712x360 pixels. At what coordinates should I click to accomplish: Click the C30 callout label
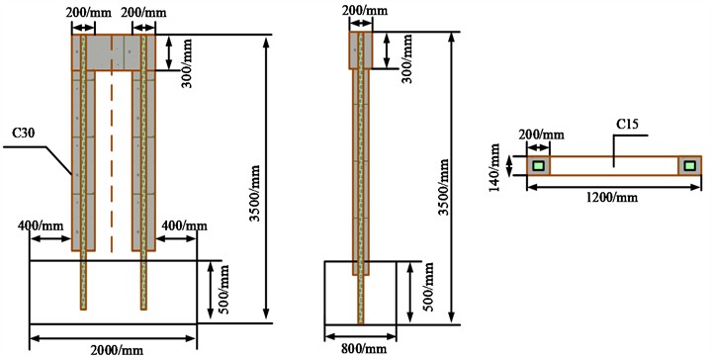pyautogui.click(x=26, y=131)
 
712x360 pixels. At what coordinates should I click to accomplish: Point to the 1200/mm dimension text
pyautogui.click(x=612, y=198)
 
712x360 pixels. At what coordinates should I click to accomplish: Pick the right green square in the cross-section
pyautogui.click(x=689, y=166)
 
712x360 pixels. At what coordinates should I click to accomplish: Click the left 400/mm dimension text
pyautogui.click(x=39, y=226)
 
